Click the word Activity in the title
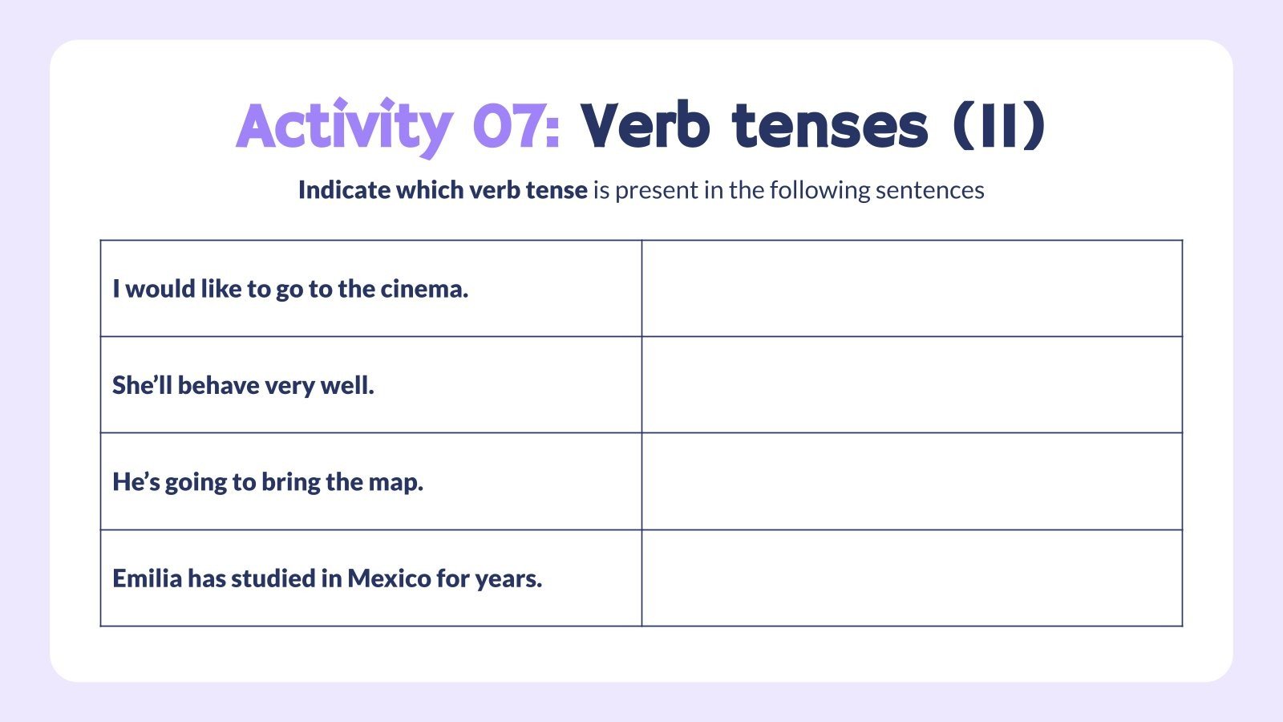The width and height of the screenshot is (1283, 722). click(x=344, y=126)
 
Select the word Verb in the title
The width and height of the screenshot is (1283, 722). click(x=646, y=126)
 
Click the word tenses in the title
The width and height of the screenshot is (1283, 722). click(x=830, y=126)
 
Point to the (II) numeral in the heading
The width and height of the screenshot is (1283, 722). click(x=1000, y=126)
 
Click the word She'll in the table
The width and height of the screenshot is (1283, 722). click(x=142, y=385)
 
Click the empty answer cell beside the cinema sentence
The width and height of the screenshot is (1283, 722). click(x=912, y=289)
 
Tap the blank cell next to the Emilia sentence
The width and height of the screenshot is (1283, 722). click(x=912, y=578)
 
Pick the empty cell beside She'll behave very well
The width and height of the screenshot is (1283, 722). click(x=912, y=385)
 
